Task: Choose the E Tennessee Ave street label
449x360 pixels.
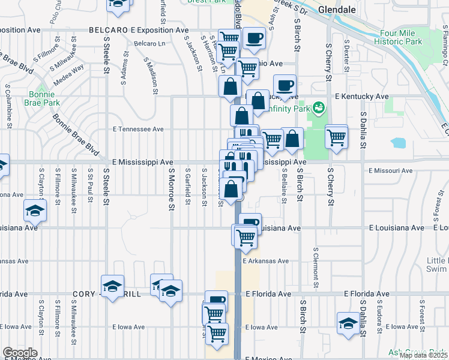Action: [x=138, y=129]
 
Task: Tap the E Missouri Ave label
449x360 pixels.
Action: [x=391, y=171]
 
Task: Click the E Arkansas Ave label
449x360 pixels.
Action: [x=265, y=261]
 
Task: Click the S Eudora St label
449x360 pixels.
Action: [x=379, y=311]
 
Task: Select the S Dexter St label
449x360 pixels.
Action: [x=346, y=53]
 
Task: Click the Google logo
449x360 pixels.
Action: [x=20, y=353]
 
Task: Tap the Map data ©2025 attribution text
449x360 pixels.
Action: [x=424, y=355]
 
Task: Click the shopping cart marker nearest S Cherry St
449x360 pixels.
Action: [x=336, y=137]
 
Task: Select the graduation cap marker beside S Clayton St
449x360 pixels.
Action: [x=35, y=211]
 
